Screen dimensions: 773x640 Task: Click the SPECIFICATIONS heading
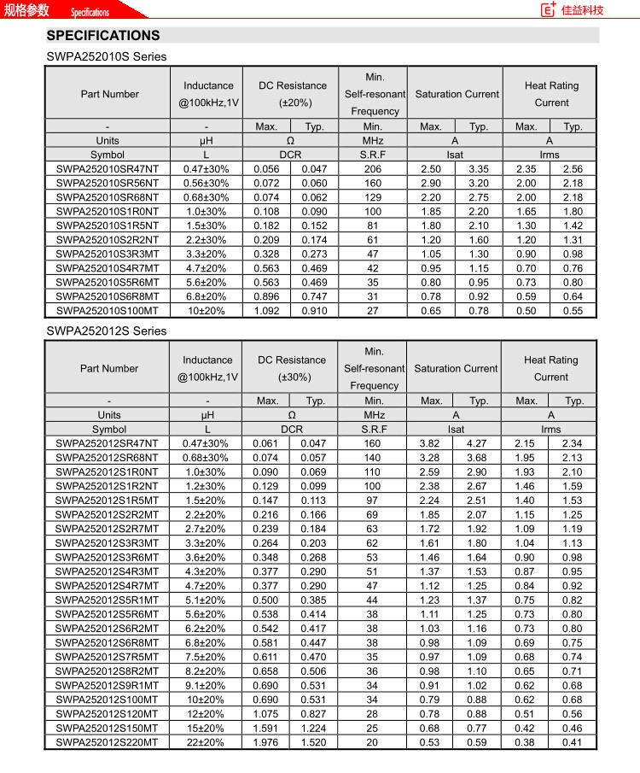tap(103, 36)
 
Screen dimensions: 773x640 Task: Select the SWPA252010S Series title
tap(107, 57)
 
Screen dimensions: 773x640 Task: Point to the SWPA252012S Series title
tap(107, 331)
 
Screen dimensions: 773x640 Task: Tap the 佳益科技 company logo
tap(573, 10)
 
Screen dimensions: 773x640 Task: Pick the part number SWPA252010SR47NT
tap(108, 169)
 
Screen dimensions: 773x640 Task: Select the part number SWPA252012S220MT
tap(108, 742)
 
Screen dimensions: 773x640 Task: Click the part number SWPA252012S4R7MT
tap(108, 586)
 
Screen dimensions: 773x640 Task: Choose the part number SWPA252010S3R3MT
tap(108, 255)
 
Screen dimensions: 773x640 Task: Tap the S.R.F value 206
tap(373, 169)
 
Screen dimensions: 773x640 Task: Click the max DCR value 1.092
tap(267, 311)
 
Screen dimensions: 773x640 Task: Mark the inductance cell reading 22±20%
tap(206, 742)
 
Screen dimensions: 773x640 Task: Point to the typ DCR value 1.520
tap(314, 742)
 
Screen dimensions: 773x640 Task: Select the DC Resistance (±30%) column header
tap(292, 368)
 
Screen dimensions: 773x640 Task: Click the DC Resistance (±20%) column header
tap(293, 94)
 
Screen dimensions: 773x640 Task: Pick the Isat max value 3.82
tap(431, 443)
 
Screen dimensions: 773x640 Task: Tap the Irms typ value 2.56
tap(573, 169)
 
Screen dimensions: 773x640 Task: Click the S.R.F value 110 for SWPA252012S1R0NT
tap(372, 472)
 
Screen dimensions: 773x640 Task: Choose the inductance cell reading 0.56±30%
tap(206, 184)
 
